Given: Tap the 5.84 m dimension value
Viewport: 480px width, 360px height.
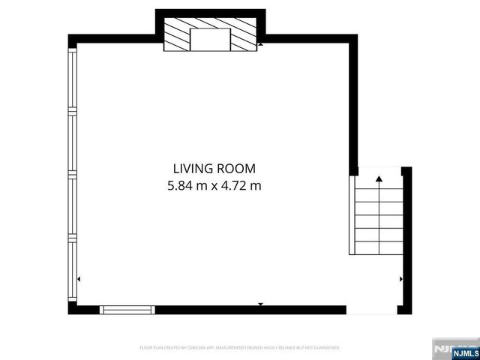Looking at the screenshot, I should [x=189, y=184].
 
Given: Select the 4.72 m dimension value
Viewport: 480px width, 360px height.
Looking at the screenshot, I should [x=241, y=184].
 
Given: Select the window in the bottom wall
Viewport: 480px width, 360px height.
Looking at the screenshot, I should [x=127, y=309].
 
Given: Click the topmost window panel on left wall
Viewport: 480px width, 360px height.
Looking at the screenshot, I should [x=73, y=79].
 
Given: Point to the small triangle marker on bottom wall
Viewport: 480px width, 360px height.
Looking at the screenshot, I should [x=260, y=304].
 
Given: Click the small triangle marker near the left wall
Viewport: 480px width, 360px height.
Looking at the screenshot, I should [x=79, y=279].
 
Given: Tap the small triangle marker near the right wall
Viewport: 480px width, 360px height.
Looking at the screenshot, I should [x=401, y=279].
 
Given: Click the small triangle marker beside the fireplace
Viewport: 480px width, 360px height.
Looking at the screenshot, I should [x=260, y=45].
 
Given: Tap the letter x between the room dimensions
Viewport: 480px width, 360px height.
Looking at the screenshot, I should [x=215, y=184].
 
